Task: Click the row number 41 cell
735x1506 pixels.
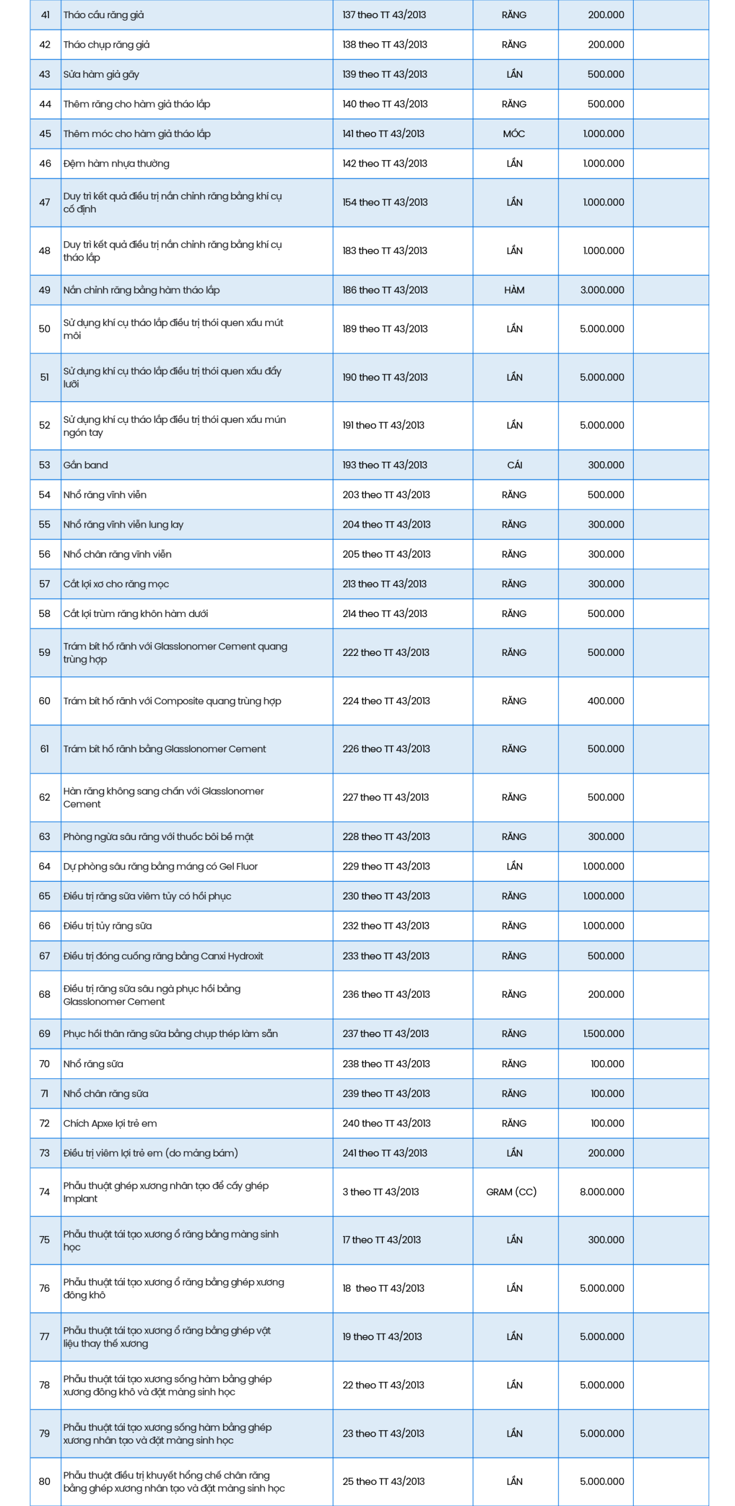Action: coord(45,15)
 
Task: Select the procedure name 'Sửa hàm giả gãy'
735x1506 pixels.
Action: coord(101,74)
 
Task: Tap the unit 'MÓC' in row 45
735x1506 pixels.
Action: coord(514,134)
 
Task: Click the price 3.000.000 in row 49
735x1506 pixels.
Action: coord(602,290)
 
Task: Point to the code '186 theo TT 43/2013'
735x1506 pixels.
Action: coord(385,290)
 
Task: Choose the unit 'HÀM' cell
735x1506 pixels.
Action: coord(514,290)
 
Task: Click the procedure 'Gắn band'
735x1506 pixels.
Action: coord(86,465)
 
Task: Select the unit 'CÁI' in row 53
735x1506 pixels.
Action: coord(514,465)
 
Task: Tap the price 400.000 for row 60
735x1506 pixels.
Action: coord(606,701)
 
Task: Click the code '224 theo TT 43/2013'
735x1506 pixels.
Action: coord(386,701)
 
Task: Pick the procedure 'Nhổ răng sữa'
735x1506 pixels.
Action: coord(94,1064)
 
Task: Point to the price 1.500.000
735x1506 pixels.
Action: coord(603,1034)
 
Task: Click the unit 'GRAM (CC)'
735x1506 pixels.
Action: coord(511,1192)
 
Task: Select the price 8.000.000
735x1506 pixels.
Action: coord(602,1192)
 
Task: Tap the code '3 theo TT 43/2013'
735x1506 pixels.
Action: coord(381,1192)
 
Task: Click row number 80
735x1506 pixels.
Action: coord(45,1481)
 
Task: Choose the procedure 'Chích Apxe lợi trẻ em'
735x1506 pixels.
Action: coord(110,1123)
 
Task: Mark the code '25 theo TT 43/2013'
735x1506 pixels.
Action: coord(383,1481)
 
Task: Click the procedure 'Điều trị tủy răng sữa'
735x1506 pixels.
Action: coord(108,926)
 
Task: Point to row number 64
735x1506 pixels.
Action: coord(45,866)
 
